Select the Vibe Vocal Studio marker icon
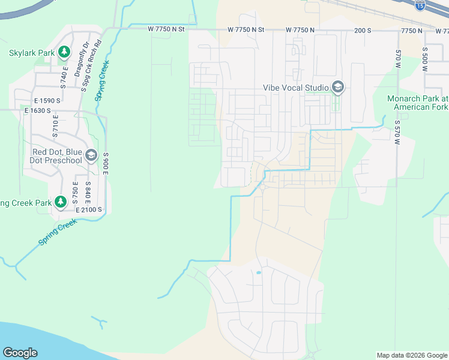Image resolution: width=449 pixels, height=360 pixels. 337,88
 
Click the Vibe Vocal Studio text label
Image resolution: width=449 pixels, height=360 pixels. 296,88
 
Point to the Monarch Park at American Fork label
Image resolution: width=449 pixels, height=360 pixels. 418,103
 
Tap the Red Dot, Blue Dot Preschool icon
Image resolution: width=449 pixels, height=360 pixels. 91,156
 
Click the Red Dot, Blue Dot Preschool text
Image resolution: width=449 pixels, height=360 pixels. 57,156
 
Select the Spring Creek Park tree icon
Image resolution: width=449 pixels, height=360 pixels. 61,202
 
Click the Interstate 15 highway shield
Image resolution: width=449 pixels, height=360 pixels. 420,5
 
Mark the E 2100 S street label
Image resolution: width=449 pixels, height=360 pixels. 89,210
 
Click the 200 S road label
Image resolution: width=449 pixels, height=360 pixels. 362,30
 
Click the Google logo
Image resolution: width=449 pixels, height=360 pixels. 20,353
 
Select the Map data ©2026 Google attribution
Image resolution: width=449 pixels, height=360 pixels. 411,355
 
